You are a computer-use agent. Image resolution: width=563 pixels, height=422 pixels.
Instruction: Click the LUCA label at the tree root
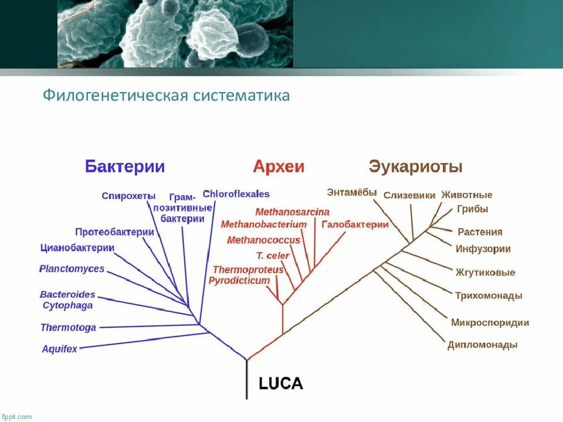[x=281, y=384]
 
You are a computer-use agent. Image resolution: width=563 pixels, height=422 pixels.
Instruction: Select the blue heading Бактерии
[x=125, y=166]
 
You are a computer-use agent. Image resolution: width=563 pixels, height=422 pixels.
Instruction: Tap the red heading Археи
[x=279, y=166]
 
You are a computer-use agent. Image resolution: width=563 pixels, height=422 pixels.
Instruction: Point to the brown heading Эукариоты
[x=415, y=166]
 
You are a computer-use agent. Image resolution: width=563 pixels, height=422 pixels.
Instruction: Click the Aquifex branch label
[x=59, y=349]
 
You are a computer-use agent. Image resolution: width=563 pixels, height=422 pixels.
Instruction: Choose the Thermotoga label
[x=68, y=328]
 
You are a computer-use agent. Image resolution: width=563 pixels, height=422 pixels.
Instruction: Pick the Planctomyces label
[x=72, y=269]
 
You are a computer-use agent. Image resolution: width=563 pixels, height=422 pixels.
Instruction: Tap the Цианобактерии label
[x=77, y=247]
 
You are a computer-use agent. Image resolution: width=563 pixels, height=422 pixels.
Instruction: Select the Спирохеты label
[x=128, y=196]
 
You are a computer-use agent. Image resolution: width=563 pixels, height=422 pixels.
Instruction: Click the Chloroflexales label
[x=236, y=193]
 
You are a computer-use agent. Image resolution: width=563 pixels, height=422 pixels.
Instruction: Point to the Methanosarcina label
[x=292, y=212]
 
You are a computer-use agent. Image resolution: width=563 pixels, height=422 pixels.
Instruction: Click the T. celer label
[x=273, y=256]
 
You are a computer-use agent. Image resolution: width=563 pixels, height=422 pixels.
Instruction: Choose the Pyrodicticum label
[x=239, y=281]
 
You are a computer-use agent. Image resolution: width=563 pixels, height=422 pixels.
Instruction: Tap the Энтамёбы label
[x=351, y=192]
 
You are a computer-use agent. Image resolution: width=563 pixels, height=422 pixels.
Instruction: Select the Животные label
[x=467, y=195]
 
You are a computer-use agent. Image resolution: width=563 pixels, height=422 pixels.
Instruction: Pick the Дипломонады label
[x=482, y=345]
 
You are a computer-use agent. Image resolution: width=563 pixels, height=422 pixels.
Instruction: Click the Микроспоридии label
[x=490, y=322]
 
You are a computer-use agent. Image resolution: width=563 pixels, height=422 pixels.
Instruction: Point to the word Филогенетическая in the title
[x=115, y=95]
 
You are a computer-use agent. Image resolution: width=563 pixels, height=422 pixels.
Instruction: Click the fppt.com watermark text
[x=16, y=417]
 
